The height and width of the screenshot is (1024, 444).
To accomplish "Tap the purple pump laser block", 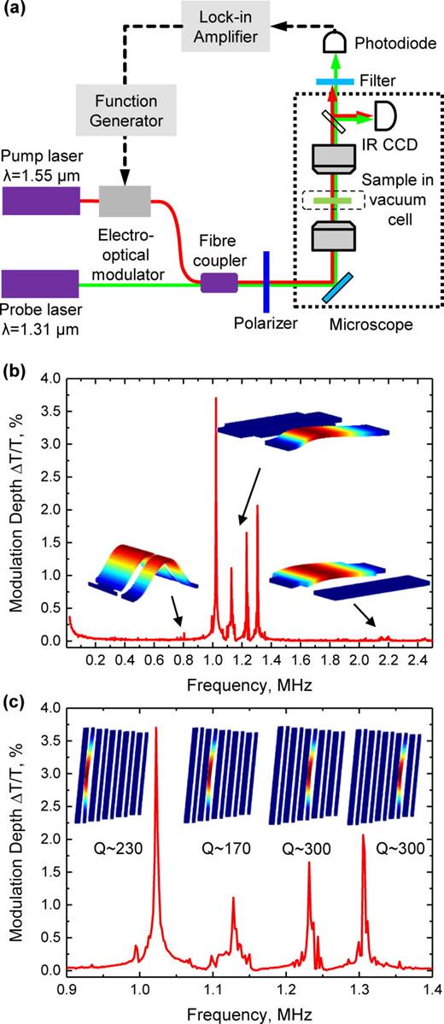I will tap(39, 202).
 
